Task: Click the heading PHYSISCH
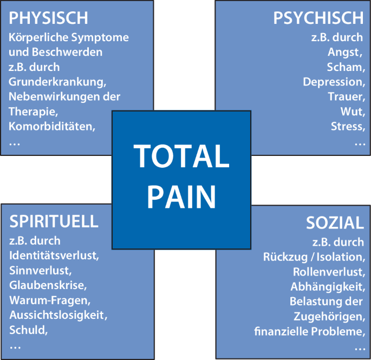(x=49, y=18)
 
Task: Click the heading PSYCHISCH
(x=318, y=18)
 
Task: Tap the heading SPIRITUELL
(x=54, y=221)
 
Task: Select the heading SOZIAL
(x=335, y=222)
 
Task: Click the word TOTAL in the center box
(x=181, y=156)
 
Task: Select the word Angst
(x=344, y=53)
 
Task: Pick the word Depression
(x=333, y=82)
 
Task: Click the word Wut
(x=352, y=112)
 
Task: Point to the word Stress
(x=347, y=127)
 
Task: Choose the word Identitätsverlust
(x=53, y=256)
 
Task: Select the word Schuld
(x=25, y=329)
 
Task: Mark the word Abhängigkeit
(x=327, y=286)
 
